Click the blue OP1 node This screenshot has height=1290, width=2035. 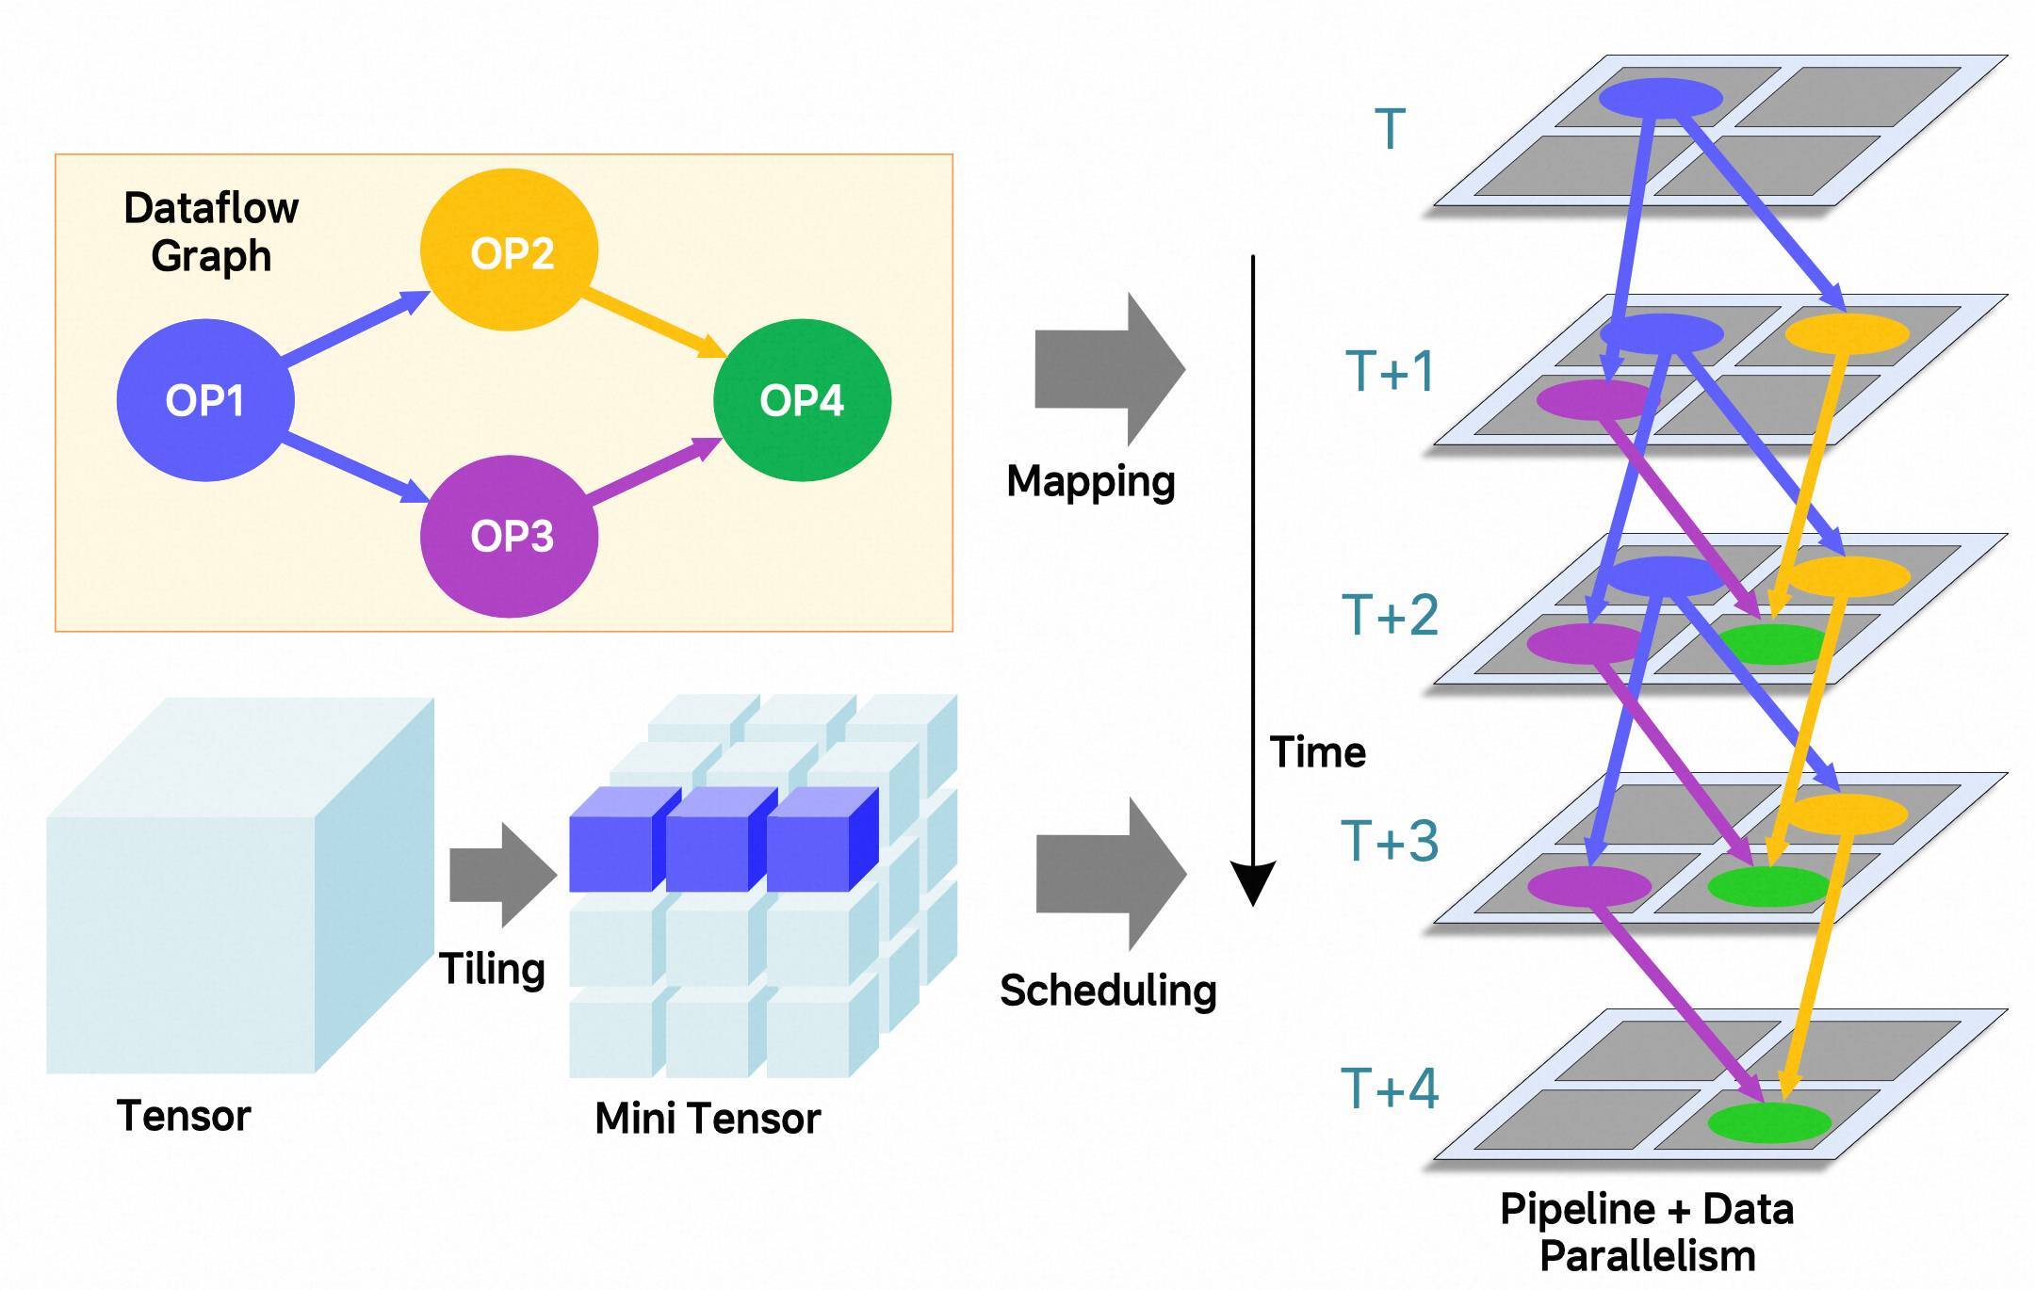point(205,400)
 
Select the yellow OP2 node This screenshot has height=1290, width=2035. point(510,250)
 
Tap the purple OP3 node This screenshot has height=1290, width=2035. point(510,536)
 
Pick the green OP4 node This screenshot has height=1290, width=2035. point(802,400)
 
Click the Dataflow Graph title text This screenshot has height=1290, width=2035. point(211,232)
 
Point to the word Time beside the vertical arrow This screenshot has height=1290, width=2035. point(1317,752)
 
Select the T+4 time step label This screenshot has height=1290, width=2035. point(1390,1088)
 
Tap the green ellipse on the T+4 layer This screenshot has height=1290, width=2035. point(1768,1122)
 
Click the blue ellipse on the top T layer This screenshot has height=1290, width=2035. point(1661,98)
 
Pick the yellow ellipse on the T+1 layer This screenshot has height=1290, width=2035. point(1847,333)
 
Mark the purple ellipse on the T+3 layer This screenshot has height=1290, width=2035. point(1588,886)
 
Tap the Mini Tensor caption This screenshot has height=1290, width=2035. point(708,1119)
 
